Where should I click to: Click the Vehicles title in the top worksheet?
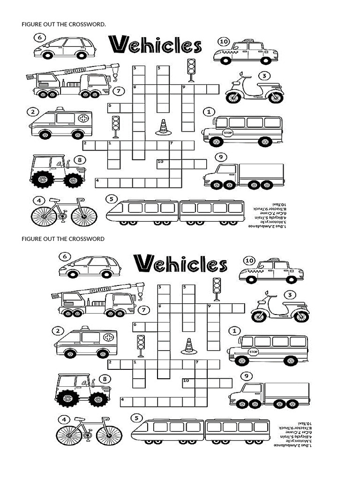[x=155, y=45]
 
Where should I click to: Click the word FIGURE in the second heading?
[x=31, y=239]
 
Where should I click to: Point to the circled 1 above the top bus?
[x=208, y=112]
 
